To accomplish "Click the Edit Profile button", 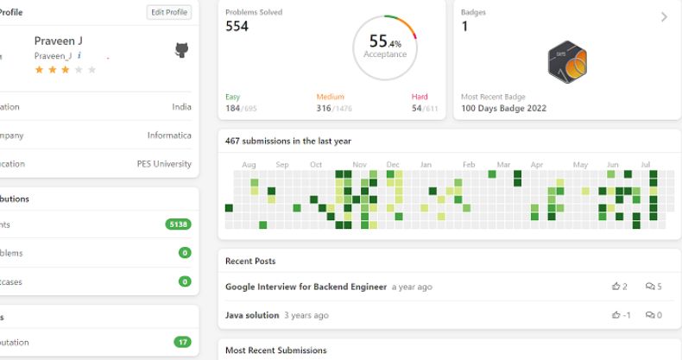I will (168, 13).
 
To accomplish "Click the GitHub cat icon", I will (181, 51).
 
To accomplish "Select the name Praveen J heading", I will (58, 41).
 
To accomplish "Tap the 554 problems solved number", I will (237, 27).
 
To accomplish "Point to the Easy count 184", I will (233, 109).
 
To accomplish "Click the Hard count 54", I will (417, 109).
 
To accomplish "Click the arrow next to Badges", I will (664, 17).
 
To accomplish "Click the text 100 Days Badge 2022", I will (503, 109).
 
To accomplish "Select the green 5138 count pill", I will (178, 224).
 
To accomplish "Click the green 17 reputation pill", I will (182, 342).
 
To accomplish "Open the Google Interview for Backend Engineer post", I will (306, 287).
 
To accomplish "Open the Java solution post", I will (252, 316).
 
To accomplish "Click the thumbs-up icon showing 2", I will (616, 287).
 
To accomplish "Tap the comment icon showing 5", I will (649, 287).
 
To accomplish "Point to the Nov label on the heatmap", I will (360, 164).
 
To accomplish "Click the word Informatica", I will (169, 136).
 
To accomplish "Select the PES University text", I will (164, 164).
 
